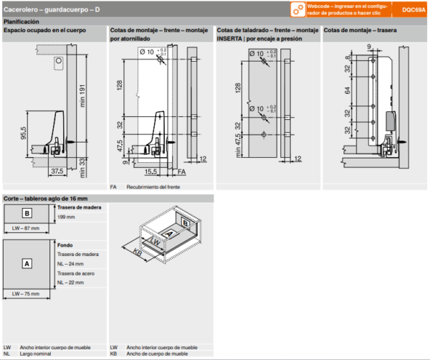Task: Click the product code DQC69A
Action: coord(414,10)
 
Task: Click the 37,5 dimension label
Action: coord(56,171)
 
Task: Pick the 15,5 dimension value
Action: coord(150,172)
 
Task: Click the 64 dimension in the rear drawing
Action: coord(348,91)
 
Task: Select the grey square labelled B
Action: coord(27,213)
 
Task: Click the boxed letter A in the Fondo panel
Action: coord(27,263)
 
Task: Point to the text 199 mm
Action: coord(66,217)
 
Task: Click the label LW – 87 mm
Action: coord(26,229)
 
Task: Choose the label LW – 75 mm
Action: coord(26,295)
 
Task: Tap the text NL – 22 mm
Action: coord(70,283)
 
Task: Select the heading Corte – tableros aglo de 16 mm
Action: coord(45,198)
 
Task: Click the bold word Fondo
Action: coord(65,245)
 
